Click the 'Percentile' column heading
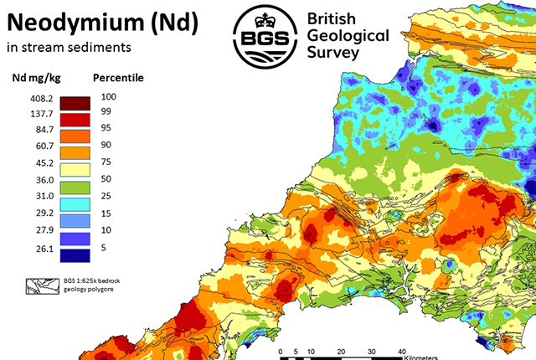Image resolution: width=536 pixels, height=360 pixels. coord(118,78)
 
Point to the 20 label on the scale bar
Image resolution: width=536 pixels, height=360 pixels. coord(341,350)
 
